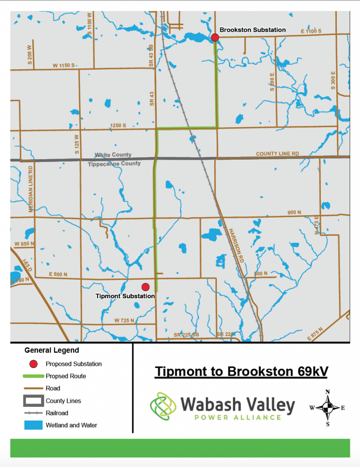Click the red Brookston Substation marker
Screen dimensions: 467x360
215,37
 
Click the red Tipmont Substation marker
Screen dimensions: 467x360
145,287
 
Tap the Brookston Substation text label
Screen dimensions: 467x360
252,30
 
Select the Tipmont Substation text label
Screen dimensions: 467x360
125,296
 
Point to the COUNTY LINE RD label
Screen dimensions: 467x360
277,154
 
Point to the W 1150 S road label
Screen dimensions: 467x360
63,66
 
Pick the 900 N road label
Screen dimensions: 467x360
295,212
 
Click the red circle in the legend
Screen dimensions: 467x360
32,364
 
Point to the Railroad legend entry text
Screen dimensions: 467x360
57,413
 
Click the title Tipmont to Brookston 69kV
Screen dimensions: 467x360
241,371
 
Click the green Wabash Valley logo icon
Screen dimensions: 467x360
164,405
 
